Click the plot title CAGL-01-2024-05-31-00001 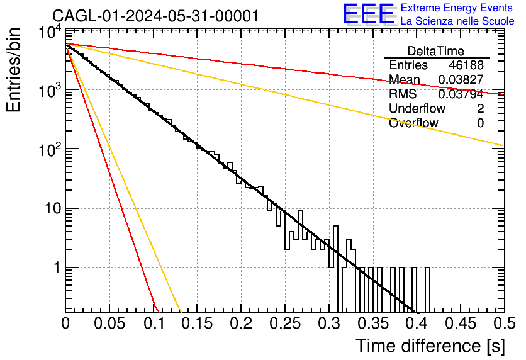[x=155, y=16]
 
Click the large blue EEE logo [x=368, y=14]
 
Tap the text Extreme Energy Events [x=457, y=8]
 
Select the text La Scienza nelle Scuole [x=457, y=21]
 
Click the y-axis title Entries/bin [x=13, y=70]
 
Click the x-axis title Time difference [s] [x=430, y=346]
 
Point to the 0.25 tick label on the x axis [x=285, y=323]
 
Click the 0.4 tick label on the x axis [x=417, y=323]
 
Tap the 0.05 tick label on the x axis [x=109, y=323]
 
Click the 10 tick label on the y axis [x=53, y=209]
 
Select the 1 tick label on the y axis [x=58, y=268]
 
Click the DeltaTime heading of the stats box [x=436, y=51]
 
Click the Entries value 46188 [x=466, y=65]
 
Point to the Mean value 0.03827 [x=461, y=79]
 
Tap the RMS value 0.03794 [x=461, y=94]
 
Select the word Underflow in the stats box [x=417, y=108]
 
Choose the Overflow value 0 [x=480, y=123]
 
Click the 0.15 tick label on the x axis [x=197, y=323]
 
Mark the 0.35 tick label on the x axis [x=372, y=323]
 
